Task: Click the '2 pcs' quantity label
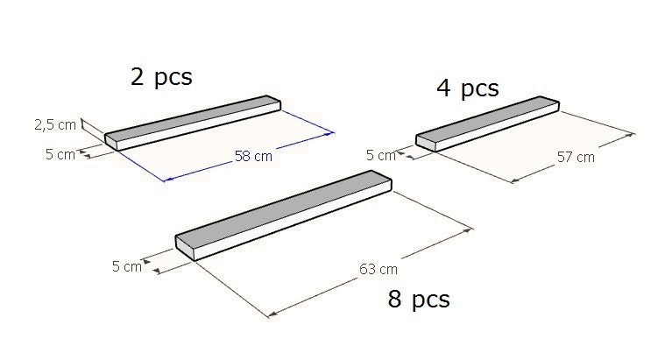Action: coord(161,77)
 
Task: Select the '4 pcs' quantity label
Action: coord(468,88)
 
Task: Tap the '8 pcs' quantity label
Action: coord(419,299)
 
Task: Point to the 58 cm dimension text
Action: coord(253,156)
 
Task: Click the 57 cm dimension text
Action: coord(576,157)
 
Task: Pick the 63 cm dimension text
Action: coord(378,269)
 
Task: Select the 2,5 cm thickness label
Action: coord(55,124)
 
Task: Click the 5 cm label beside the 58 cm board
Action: coord(60,154)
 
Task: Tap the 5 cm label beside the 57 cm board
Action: coord(381,155)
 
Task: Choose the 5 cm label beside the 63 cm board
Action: coord(127,266)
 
